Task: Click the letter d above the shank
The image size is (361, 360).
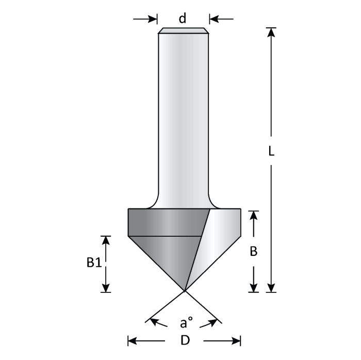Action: tap(182, 19)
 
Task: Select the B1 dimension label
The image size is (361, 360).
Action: tap(93, 263)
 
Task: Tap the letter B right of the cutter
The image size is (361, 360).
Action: tap(253, 252)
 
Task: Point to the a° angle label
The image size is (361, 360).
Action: tap(186, 323)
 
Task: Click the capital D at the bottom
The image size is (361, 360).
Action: tap(184, 340)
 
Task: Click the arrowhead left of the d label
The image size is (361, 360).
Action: tap(153, 19)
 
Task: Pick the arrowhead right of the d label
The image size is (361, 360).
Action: tap(214, 19)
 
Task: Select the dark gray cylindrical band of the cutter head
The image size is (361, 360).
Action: tap(165, 222)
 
